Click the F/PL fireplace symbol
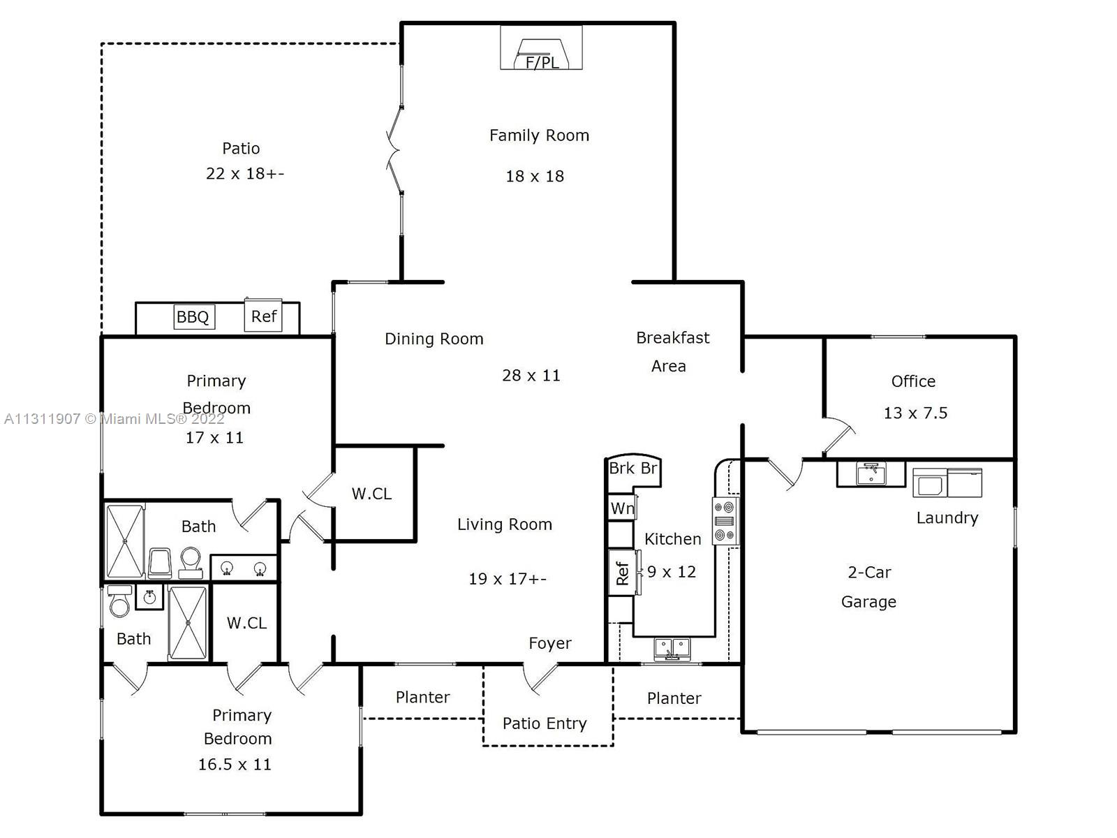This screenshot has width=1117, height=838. tap(541, 47)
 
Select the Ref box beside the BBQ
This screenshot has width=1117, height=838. tap(263, 316)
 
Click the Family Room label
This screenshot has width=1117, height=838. tap(539, 135)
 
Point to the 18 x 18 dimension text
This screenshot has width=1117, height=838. tap(534, 176)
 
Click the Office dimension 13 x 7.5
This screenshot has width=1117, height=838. tap(915, 413)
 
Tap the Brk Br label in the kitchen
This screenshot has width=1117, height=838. tap(633, 468)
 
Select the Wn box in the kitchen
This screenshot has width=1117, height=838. tap(622, 507)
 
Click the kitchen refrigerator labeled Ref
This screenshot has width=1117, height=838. tap(622, 573)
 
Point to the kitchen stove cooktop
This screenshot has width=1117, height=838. tap(725, 521)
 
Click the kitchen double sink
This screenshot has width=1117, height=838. tap(672, 649)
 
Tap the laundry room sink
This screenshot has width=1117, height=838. tap(871, 473)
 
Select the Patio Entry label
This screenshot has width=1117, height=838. tap(545, 723)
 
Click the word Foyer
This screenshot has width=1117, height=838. tap(549, 644)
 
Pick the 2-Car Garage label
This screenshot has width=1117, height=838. tap(868, 587)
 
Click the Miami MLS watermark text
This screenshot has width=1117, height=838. tap(114, 419)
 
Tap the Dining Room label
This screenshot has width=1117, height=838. tap(434, 339)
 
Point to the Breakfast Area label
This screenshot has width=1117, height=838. tap(672, 351)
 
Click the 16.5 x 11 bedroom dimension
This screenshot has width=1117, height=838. tap(235, 764)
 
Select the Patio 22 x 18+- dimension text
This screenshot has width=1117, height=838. tap(245, 173)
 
